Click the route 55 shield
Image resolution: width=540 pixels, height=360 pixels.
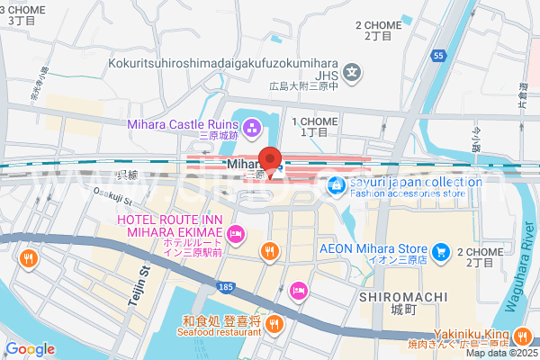point(438,56)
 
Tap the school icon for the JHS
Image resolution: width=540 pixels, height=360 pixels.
point(355,74)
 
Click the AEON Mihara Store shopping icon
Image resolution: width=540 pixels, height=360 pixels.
point(441,249)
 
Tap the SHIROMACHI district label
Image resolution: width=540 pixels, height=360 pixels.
point(398,297)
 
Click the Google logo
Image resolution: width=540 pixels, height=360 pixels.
point(30,348)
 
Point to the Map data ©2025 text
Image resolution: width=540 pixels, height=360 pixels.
point(500,353)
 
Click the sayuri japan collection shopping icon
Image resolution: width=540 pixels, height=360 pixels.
point(337,186)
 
